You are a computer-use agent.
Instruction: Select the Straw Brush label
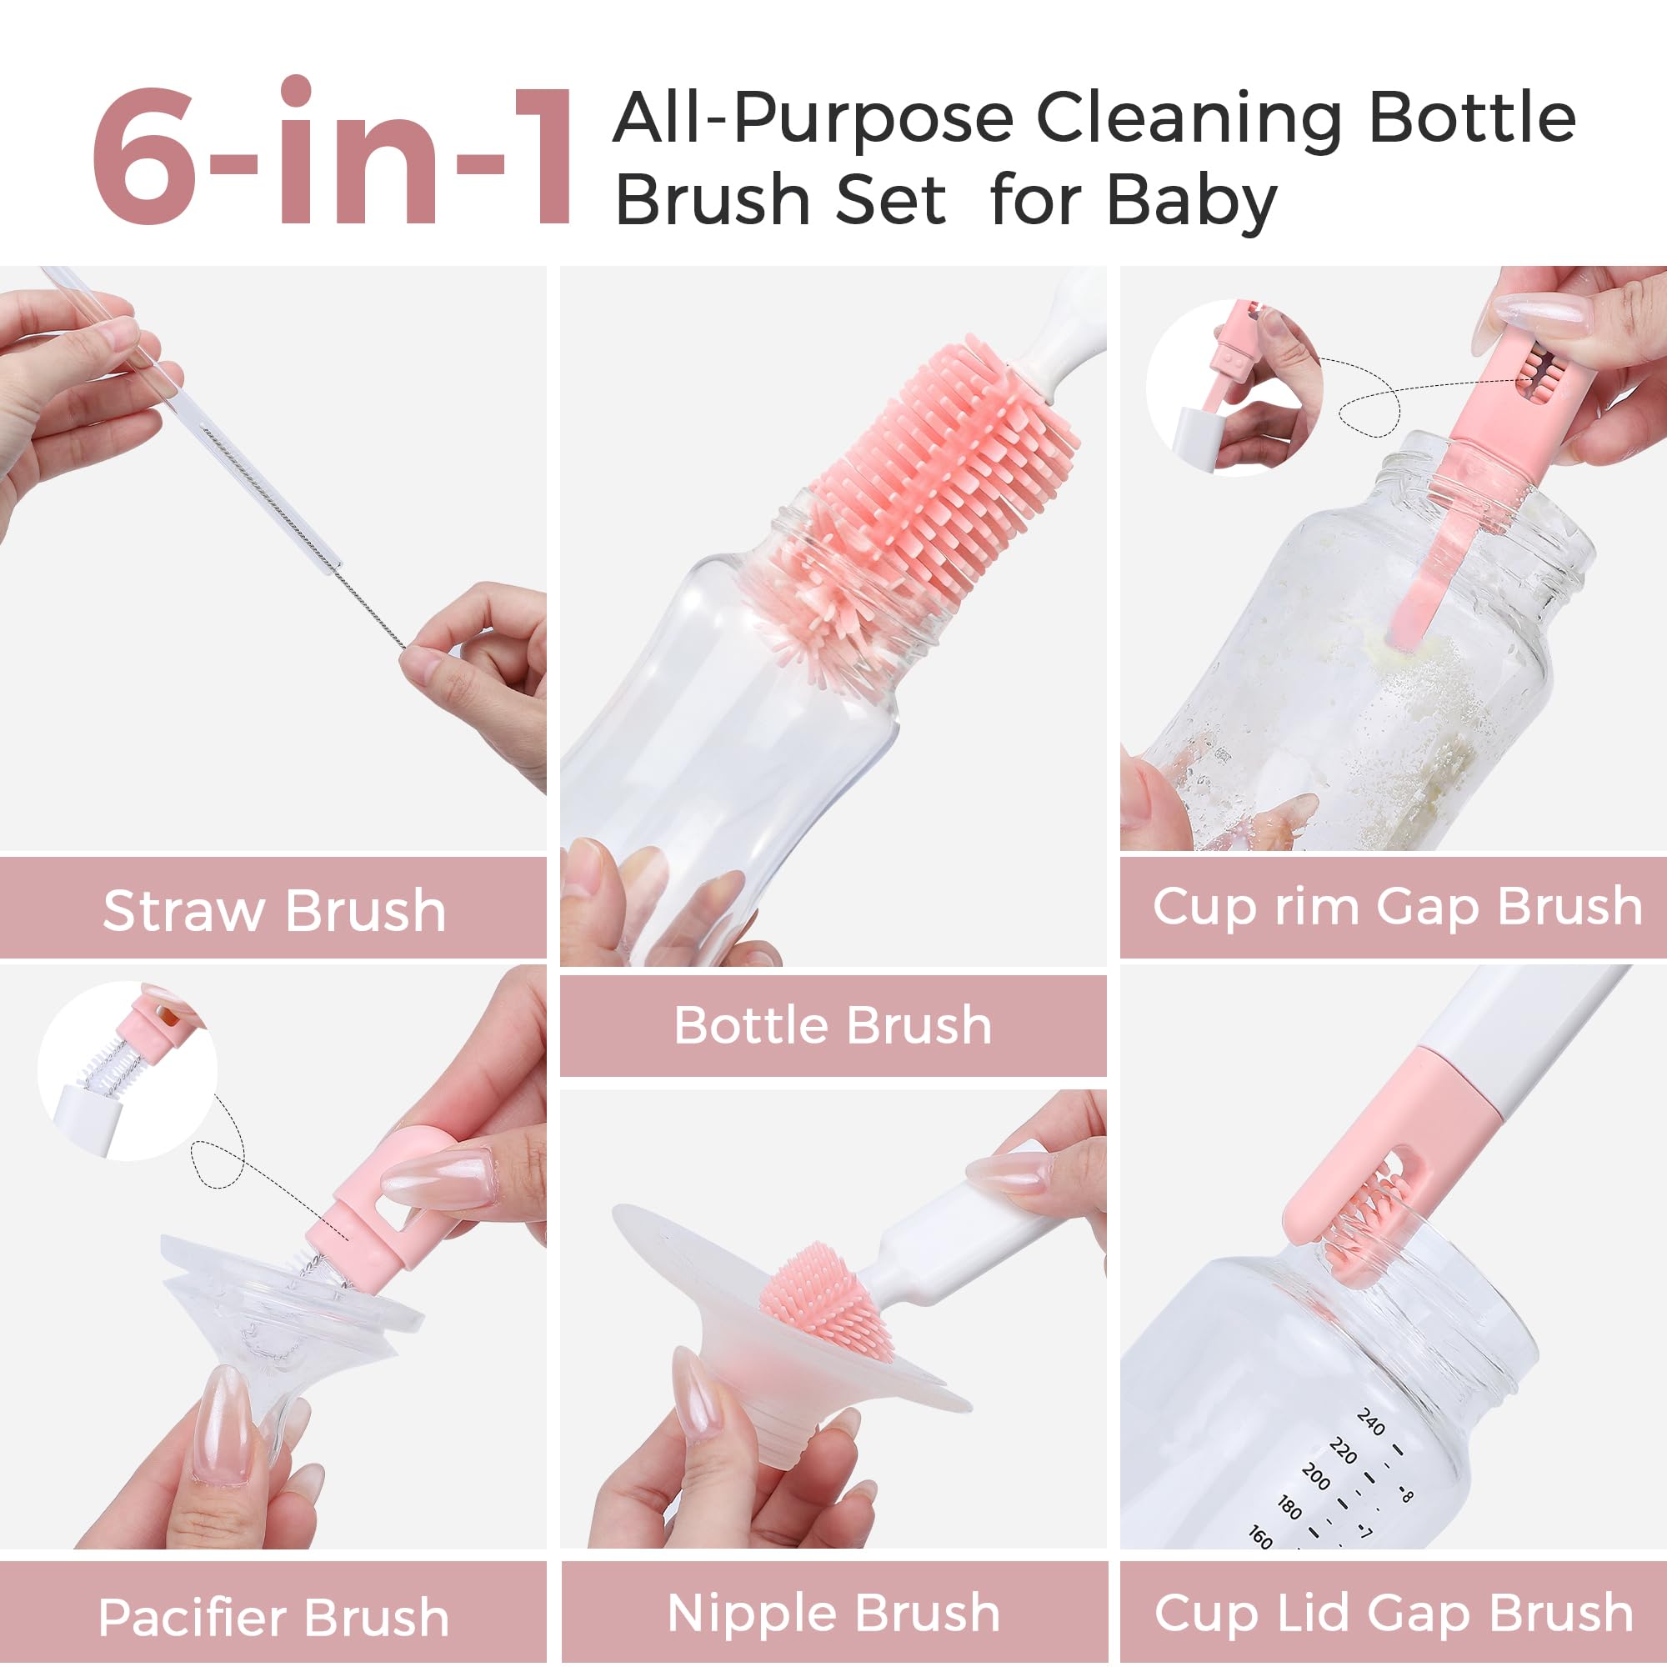[274, 911]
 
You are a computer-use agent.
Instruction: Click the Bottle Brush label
[833, 1026]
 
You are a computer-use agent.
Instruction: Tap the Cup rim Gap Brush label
[1397, 908]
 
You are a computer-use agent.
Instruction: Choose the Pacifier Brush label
[273, 1618]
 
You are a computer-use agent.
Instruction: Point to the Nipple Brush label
[833, 1614]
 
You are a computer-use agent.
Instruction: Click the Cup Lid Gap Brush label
[1394, 1614]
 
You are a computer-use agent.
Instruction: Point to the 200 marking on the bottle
[1315, 1475]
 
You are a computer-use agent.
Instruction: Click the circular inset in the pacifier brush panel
[128, 1072]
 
